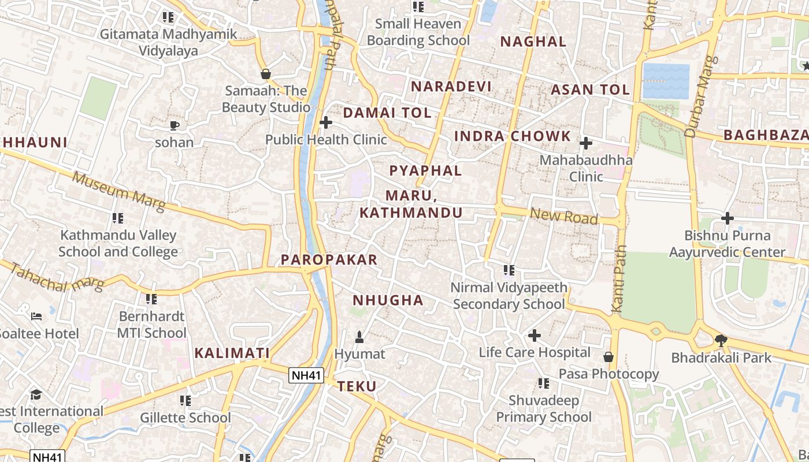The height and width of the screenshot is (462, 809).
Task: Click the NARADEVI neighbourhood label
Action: [451, 87]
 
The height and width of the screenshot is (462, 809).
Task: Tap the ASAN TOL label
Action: [589, 90]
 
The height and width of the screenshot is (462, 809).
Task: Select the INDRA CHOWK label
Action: [513, 136]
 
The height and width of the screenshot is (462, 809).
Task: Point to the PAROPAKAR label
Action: [329, 260]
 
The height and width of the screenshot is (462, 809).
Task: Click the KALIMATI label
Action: [232, 353]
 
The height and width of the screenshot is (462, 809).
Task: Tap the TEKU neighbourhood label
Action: [357, 386]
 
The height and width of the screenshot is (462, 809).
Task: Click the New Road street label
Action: [563, 216]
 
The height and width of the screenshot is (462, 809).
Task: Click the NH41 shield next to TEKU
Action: [306, 375]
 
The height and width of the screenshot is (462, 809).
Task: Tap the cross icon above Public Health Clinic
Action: [326, 122]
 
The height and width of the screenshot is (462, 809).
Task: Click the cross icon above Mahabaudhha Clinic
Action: [586, 143]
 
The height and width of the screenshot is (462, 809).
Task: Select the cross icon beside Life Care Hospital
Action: [535, 335]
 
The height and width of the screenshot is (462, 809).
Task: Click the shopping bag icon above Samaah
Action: [266, 74]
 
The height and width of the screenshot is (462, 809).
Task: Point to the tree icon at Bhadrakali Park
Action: [721, 340]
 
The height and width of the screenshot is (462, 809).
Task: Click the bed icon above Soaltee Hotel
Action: [36, 316]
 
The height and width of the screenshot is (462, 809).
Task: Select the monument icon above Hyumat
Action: [359, 336]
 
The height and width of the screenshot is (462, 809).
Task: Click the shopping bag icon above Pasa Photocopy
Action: [608, 356]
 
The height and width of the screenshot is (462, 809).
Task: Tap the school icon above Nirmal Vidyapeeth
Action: [509, 270]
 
